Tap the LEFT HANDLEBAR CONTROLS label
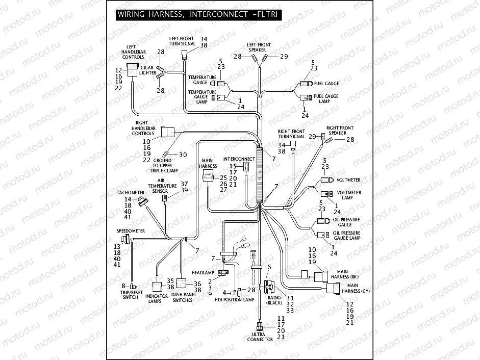coord(133,52)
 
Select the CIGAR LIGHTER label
coord(148,70)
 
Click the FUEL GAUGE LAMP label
coord(326,99)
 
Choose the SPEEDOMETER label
coord(131,231)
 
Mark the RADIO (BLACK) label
coord(274,300)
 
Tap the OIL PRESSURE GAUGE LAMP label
coord(346,236)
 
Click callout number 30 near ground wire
coord(183,155)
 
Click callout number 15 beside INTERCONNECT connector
coord(232,166)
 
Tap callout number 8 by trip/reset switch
coord(123,285)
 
